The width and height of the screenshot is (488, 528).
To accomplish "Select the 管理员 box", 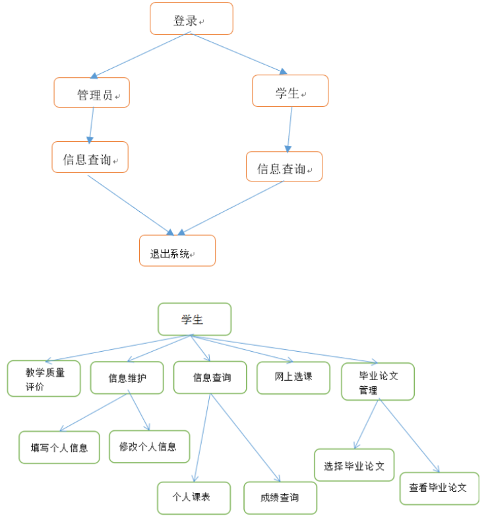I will (x=92, y=92).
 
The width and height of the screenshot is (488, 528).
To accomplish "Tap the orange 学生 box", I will (x=290, y=91).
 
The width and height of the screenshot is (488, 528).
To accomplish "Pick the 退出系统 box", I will (x=177, y=251).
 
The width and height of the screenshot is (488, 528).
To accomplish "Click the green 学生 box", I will (x=194, y=319).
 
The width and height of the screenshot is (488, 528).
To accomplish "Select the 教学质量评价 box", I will (x=44, y=378).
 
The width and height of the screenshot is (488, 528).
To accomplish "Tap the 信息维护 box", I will (x=127, y=378).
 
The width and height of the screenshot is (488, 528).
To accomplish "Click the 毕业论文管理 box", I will (x=377, y=381).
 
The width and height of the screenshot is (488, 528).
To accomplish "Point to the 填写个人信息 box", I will (x=59, y=447).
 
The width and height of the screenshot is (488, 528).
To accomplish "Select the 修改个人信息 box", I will (x=149, y=446).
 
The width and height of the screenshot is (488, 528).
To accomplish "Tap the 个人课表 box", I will (x=194, y=498).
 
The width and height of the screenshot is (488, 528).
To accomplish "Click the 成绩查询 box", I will (x=280, y=498).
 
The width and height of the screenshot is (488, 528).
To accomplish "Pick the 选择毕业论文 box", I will (x=354, y=465).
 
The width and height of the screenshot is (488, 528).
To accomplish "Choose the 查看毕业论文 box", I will (x=439, y=488).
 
